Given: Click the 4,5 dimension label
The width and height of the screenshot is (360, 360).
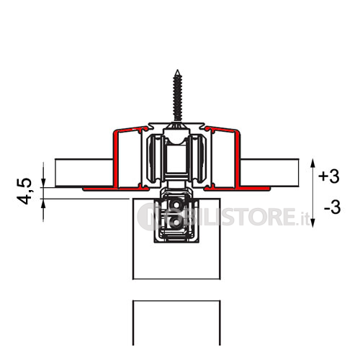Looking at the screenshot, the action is click(x=24, y=192).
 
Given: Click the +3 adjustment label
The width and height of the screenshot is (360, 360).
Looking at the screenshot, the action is click(x=329, y=176).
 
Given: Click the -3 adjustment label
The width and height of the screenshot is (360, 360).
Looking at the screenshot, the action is click(x=333, y=207).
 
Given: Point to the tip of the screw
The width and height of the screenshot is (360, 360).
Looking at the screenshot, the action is click(x=177, y=70).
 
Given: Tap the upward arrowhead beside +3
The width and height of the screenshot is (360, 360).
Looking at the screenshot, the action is click(x=312, y=163).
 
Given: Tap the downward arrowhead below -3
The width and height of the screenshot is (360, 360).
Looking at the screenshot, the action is click(x=312, y=223).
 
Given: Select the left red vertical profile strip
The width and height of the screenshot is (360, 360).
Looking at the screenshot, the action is click(x=115, y=159).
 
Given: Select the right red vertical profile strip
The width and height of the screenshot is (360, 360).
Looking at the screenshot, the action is click(x=238, y=159).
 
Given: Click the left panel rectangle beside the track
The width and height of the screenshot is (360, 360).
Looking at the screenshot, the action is click(x=84, y=173).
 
